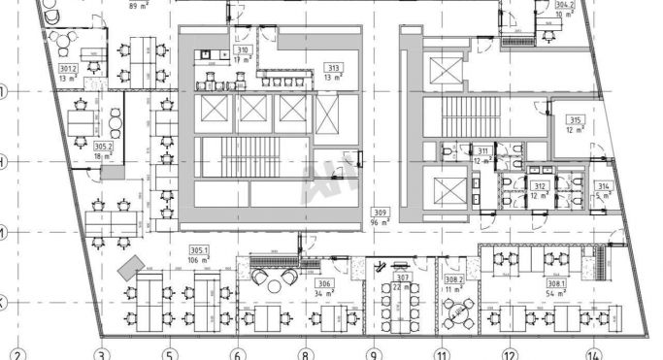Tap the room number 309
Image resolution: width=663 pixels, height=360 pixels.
tap(381, 212)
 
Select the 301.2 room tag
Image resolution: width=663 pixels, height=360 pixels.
tap(68, 69)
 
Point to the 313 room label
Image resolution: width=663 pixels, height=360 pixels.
tap(334, 68)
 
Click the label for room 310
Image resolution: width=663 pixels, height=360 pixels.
tap(244, 50)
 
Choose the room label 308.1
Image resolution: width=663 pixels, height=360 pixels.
tap(556, 283)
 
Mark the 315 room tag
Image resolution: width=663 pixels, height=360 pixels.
tap(574, 120)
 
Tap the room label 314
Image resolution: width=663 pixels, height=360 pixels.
tap(603, 185)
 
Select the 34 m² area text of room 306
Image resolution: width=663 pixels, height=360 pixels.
tap(325, 292)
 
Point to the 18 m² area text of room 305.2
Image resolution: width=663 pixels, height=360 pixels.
tap(103, 155)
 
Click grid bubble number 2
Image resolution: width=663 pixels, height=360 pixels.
tap(16, 355)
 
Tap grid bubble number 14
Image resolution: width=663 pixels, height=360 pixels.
tap(593, 355)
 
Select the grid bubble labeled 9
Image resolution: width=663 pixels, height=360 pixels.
tap(372, 355)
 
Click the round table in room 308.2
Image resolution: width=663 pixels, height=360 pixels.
tap(453, 313)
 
